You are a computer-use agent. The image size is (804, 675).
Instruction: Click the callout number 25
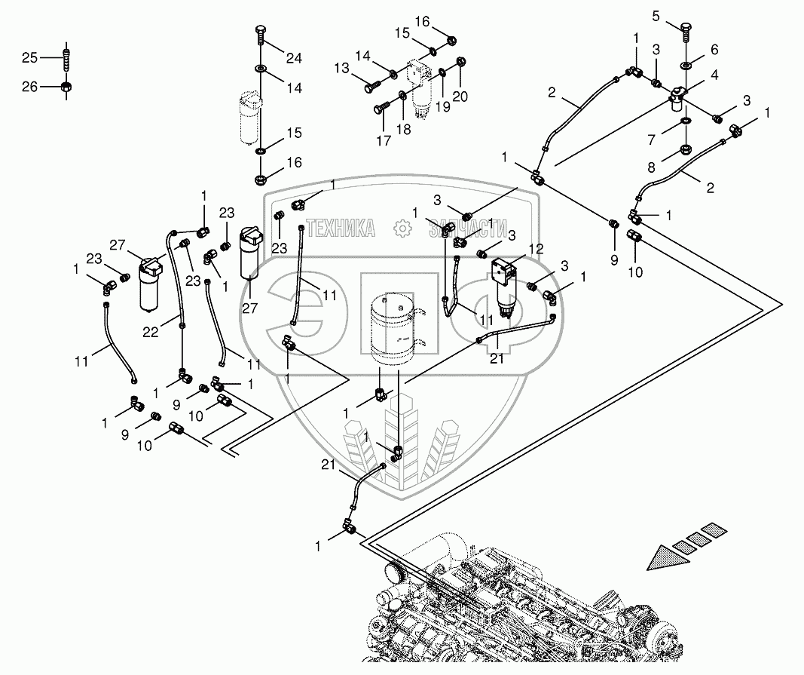29,57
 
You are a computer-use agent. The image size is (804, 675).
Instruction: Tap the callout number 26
29,87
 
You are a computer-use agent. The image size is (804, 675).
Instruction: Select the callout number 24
293,57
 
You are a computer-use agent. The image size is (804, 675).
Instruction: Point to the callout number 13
342,69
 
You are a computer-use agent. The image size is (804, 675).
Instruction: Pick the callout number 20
460,97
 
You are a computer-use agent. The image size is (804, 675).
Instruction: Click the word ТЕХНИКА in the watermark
343,228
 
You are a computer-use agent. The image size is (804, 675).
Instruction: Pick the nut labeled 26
66,87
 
